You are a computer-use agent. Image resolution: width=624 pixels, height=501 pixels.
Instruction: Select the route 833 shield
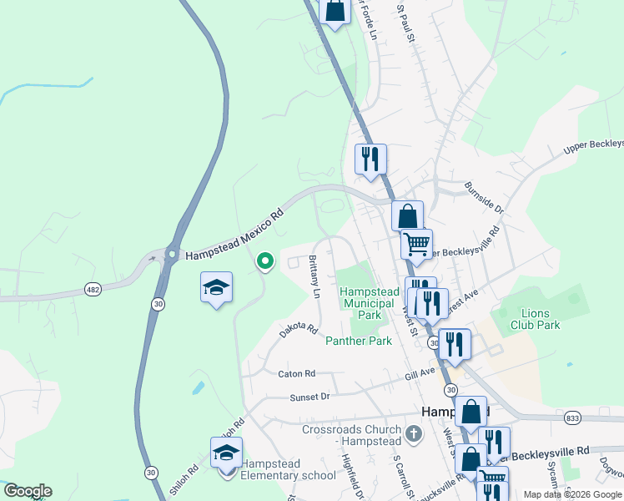572,417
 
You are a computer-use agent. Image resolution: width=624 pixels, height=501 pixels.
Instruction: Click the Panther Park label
359,341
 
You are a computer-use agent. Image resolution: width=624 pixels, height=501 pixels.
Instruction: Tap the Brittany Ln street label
315,276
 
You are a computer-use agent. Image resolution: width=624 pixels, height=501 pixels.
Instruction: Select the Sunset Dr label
309,398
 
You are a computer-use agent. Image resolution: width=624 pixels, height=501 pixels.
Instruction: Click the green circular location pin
265,262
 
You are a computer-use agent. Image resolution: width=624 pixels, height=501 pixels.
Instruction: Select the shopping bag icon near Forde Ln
335,11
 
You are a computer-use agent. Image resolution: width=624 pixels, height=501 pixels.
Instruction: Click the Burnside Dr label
484,197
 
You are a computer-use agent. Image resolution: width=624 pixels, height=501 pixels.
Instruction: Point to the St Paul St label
405,23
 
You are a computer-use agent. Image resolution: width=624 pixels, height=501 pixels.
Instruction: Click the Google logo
27,491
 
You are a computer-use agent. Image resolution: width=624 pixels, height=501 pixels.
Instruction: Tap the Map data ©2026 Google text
571,494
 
